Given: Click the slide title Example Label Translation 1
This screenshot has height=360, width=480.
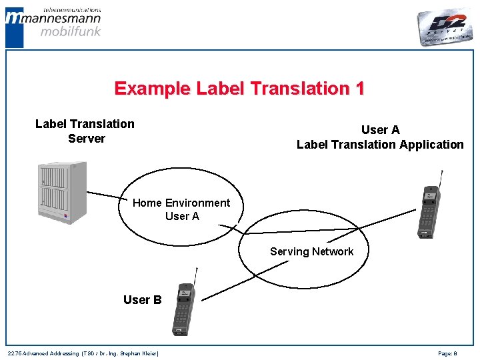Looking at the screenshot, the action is point(239,89).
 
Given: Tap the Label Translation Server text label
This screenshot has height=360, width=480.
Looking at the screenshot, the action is point(85,131).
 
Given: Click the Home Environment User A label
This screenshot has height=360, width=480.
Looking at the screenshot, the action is point(181,209).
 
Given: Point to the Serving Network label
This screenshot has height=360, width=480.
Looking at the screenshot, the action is point(311,251).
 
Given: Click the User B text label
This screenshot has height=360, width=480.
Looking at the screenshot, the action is point(142,300).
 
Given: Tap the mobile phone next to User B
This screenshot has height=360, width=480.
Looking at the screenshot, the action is point(183,309).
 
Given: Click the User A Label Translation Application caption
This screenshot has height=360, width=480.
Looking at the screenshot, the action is point(380,137).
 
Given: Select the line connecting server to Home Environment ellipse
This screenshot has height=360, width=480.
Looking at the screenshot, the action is point(107,196).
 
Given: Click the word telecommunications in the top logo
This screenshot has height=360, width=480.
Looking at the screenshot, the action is point(71,10).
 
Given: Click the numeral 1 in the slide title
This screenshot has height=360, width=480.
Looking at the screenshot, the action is point(359,89).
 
